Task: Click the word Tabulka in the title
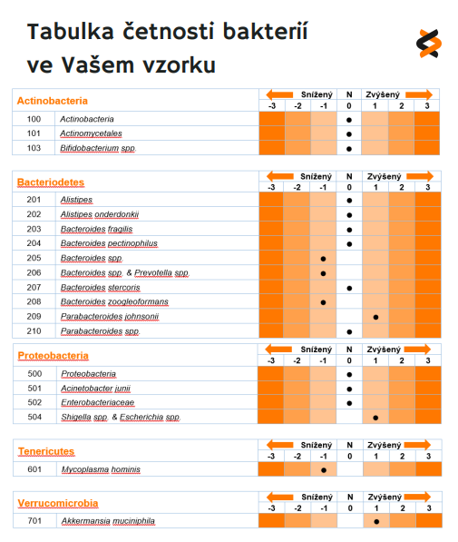(x=69, y=33)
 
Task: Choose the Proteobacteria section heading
(x=54, y=355)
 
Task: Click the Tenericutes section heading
(x=46, y=451)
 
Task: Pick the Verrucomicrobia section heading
(x=58, y=503)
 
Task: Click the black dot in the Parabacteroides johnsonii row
(x=375, y=316)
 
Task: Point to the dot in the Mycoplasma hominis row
(x=324, y=469)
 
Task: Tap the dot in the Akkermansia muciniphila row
(x=375, y=521)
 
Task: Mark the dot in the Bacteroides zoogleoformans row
(x=324, y=301)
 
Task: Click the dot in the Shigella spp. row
(x=375, y=417)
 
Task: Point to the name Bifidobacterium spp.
(x=97, y=147)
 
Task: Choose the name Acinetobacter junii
(x=96, y=389)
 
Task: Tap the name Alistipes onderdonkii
(x=99, y=214)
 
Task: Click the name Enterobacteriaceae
(x=97, y=402)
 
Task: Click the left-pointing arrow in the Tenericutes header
(x=278, y=444)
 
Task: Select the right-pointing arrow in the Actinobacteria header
(x=419, y=94)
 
